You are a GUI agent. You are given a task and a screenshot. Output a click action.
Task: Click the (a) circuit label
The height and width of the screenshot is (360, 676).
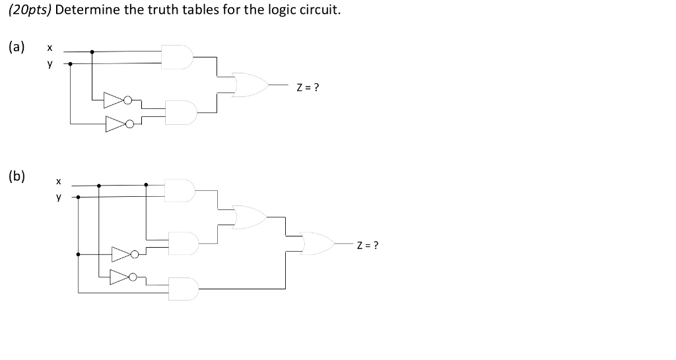tap(17, 47)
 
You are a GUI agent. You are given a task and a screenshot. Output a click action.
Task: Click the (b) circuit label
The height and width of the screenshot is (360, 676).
tap(17, 176)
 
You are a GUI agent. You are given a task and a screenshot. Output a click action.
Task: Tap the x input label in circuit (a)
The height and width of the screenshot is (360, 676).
tap(49, 48)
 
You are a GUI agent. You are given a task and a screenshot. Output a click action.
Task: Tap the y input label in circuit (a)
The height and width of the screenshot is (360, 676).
tap(49, 63)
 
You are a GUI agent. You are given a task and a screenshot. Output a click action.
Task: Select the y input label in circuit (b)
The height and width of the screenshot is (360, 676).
tap(58, 196)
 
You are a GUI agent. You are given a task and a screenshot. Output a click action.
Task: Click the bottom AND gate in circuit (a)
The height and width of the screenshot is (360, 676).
tap(182, 112)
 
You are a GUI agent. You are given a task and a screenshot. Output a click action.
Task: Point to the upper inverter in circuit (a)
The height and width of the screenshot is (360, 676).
tap(116, 100)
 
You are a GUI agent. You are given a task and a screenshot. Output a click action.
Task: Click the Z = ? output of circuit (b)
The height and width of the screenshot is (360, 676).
tap(367, 246)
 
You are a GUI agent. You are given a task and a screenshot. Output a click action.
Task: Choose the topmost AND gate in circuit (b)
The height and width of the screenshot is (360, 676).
tap(181, 190)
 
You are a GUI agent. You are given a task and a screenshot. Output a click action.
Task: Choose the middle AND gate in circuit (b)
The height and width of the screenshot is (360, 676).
tap(183, 243)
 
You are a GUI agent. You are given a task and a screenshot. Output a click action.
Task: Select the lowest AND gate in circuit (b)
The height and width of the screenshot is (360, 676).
tap(183, 289)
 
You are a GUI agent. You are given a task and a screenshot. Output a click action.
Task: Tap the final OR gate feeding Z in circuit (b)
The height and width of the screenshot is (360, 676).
tap(317, 244)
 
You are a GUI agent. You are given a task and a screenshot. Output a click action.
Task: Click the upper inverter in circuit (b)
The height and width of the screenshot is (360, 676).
tap(123, 254)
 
